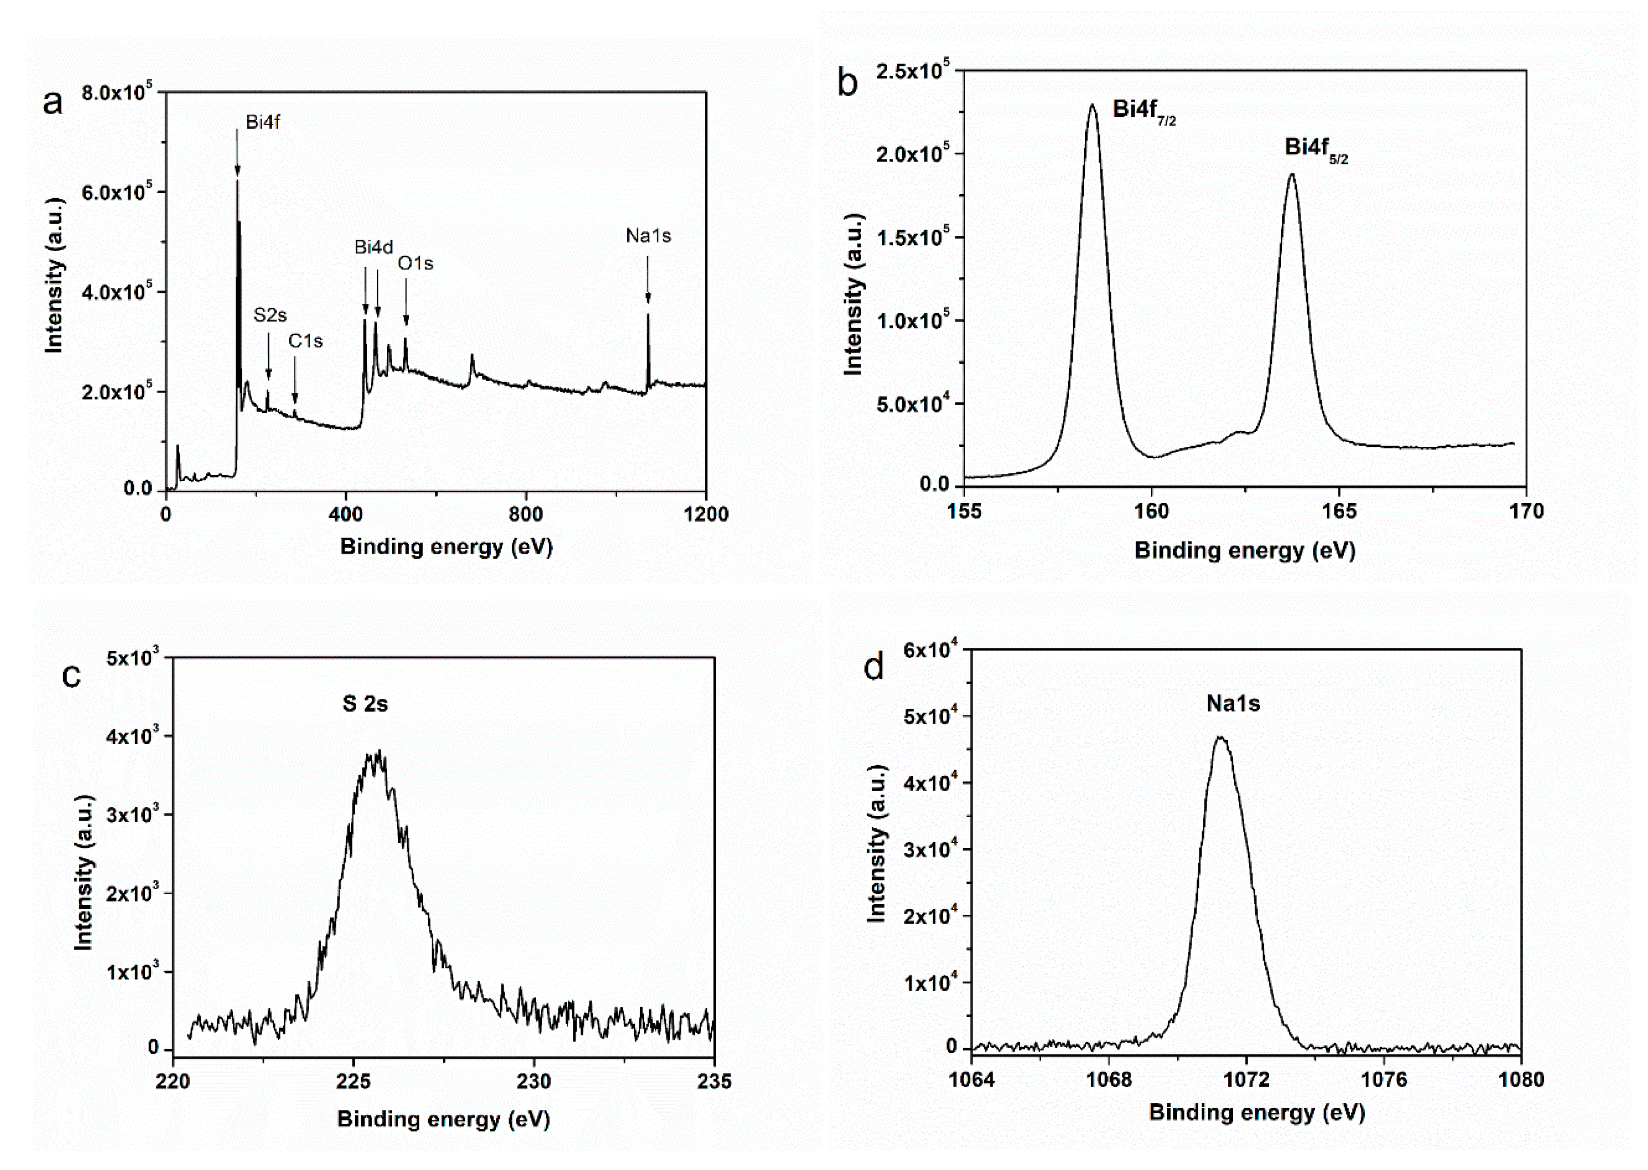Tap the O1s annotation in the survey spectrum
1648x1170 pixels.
point(416,264)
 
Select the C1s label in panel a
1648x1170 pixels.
point(305,341)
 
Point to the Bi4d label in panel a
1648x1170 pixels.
point(373,247)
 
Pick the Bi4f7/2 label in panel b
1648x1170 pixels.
point(1144,111)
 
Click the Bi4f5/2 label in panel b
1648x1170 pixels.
point(1316,149)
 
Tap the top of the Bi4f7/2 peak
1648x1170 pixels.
point(1093,105)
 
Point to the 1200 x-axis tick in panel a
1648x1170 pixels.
point(706,514)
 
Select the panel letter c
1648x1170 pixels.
point(71,675)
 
